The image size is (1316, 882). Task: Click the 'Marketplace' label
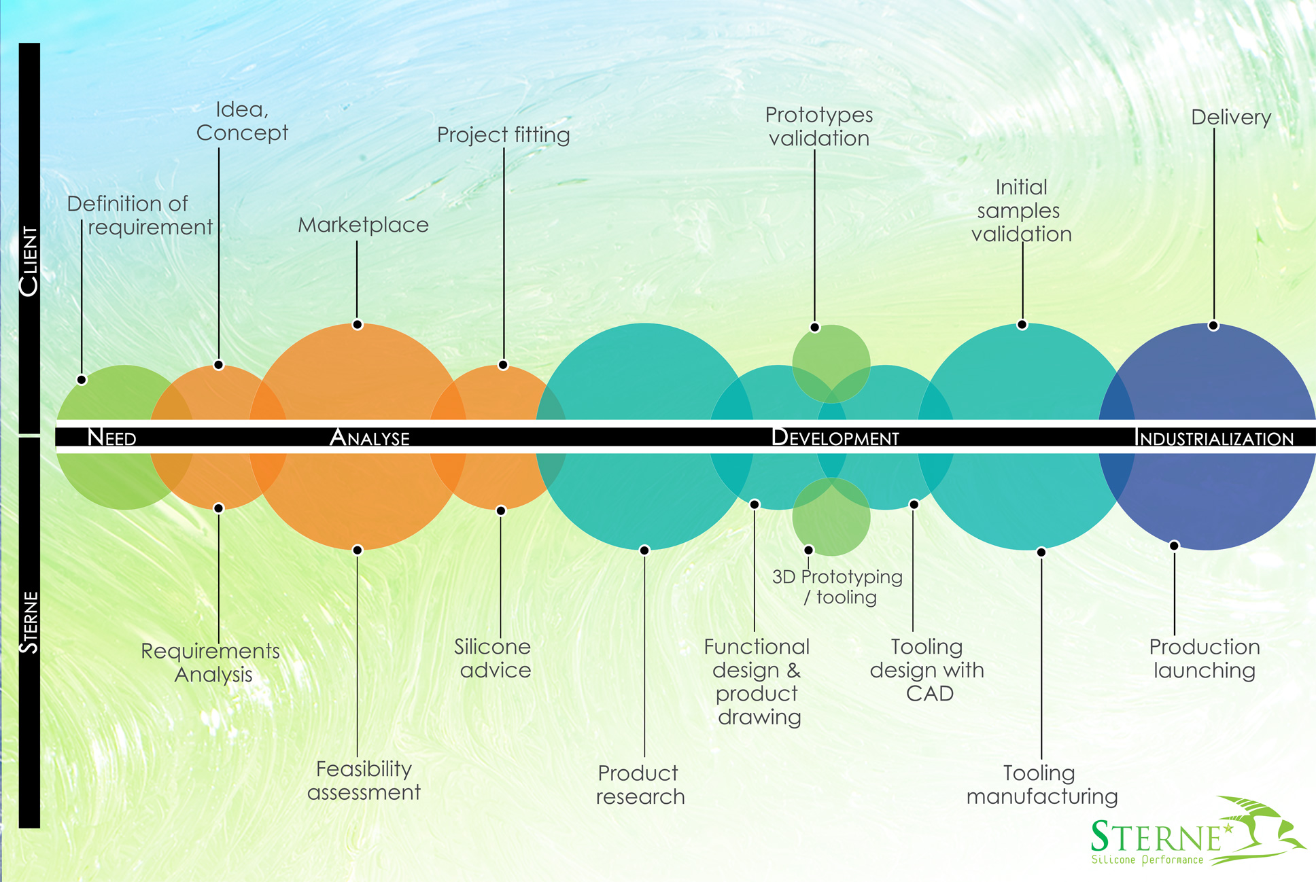coord(363,225)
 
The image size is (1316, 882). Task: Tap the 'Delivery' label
coord(1230,118)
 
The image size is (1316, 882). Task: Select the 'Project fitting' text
coord(503,135)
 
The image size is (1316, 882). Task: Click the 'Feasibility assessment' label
coord(364,781)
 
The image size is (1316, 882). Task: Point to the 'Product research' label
coord(640,785)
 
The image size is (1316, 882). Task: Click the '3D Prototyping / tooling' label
coord(837,587)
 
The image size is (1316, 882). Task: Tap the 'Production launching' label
coord(1204,658)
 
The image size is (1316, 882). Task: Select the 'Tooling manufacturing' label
coord(1041,785)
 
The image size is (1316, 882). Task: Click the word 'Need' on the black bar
coord(112,438)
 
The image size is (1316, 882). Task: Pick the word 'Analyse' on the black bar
coord(369,438)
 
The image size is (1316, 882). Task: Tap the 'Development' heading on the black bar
coord(835,438)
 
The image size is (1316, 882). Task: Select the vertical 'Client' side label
coord(29,262)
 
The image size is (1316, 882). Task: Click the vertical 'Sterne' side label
coord(29,622)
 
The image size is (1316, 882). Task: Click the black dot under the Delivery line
coord(1213,325)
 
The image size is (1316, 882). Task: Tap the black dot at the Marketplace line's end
coord(358,324)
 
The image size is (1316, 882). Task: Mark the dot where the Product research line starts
coord(644,550)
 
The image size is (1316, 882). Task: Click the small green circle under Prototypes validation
coord(831,364)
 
